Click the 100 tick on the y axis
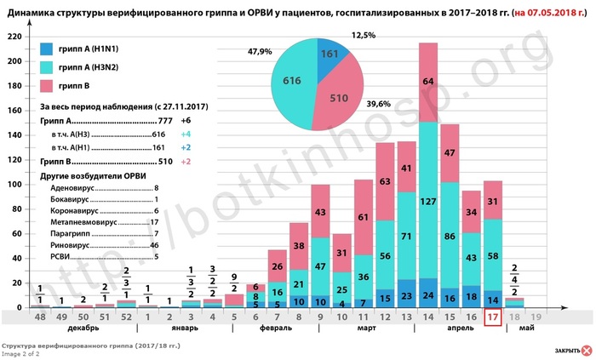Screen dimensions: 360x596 point(16,185)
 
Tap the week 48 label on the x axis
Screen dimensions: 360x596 point(39,317)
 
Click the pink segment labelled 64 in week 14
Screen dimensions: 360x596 point(428,82)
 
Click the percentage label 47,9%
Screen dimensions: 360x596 point(260,52)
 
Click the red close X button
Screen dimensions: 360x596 point(587,351)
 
